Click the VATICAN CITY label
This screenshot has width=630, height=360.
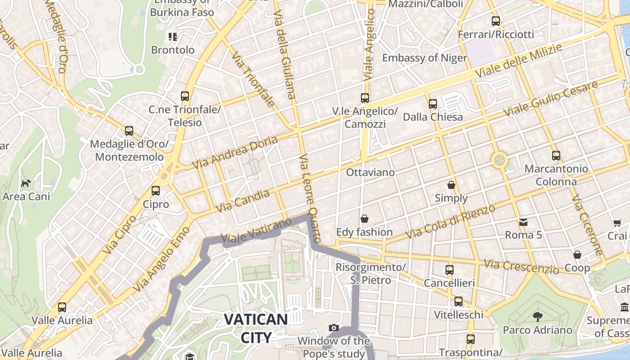[x=256, y=328]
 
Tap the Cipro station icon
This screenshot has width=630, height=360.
[x=156, y=191]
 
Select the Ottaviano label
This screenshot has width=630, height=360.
[x=370, y=172]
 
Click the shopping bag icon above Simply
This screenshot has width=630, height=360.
[x=451, y=185]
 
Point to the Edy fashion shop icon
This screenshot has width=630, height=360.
[x=364, y=219]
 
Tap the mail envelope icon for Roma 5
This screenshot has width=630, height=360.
[x=523, y=222]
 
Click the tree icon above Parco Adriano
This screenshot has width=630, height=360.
[x=537, y=316]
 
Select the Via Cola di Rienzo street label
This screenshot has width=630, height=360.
[x=450, y=222]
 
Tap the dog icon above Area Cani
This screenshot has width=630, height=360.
[x=26, y=183]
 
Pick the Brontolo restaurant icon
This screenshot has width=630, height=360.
[x=173, y=37]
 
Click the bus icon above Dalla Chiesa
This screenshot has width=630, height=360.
[x=433, y=104]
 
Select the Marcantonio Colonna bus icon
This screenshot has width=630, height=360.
[x=556, y=156]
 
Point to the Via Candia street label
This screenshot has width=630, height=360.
[x=243, y=201]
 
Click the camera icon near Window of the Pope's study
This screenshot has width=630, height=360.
[x=333, y=328]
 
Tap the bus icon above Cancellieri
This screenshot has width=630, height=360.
[x=450, y=270]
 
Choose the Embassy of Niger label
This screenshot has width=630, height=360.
[x=424, y=58]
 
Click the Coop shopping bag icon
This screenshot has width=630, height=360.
[x=577, y=255]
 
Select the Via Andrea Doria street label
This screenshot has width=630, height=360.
[x=235, y=153]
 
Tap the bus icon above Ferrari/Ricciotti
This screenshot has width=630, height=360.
[x=496, y=21]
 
